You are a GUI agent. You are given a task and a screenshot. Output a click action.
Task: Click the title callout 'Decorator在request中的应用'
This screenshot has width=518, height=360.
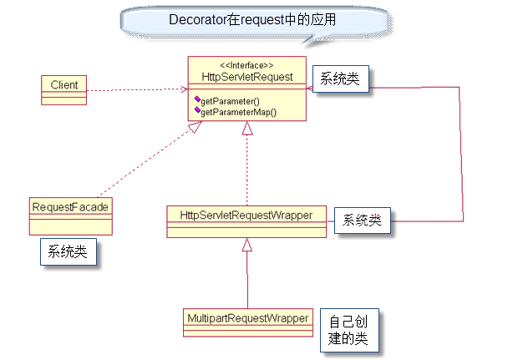coord(252,19)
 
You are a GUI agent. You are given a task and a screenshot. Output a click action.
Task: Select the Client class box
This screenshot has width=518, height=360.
coord(63,89)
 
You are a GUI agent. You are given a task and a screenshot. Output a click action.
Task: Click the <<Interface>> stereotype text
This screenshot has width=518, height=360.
coord(246,65)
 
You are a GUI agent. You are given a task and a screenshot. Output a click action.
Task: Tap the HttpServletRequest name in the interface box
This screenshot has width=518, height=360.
coord(246,77)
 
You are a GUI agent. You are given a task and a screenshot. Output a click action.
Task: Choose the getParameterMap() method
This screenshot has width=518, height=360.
coord(238,111)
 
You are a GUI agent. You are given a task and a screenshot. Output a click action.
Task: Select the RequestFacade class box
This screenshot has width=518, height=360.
coord(70,215)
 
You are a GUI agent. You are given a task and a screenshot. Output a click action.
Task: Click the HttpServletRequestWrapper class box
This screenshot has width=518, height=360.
coord(246,221)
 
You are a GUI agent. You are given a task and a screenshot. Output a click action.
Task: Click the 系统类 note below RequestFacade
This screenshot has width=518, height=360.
coord(67,251)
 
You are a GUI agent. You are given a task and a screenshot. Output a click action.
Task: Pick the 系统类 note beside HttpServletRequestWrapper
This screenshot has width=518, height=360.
coord(363,221)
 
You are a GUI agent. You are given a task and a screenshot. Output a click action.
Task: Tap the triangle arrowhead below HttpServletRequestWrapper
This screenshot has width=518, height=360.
coord(246,246)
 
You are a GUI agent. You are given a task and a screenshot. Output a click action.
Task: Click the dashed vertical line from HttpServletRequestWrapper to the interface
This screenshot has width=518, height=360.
coord(246,171)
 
